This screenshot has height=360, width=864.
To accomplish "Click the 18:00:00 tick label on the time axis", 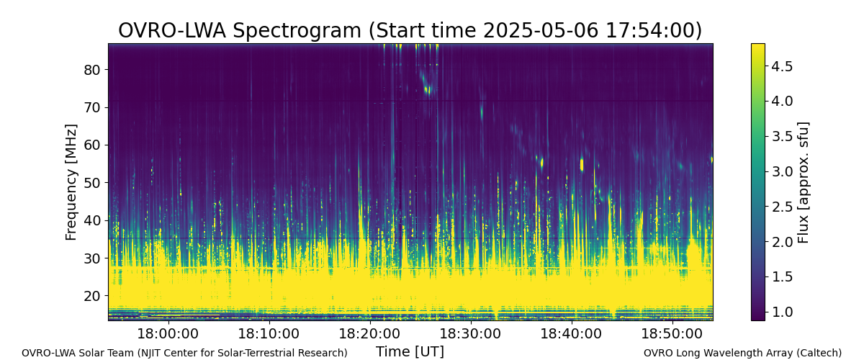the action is click(168, 334).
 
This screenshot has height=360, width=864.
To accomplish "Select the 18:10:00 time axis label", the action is click(269, 334).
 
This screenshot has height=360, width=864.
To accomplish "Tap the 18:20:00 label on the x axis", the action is click(369, 334).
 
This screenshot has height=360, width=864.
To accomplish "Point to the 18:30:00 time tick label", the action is click(470, 334).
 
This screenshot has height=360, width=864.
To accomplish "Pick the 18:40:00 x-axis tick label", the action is click(571, 334).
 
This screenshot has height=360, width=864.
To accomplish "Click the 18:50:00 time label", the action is click(672, 334).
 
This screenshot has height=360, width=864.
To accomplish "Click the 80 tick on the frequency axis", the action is click(92, 70).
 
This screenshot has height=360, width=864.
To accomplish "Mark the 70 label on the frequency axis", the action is click(92, 107).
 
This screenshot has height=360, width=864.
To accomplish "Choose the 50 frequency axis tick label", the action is click(92, 182).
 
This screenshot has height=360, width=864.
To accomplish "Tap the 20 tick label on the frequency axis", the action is click(92, 296).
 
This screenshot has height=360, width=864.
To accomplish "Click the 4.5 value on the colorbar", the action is click(782, 66).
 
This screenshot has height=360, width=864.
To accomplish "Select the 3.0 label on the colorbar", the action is click(782, 171).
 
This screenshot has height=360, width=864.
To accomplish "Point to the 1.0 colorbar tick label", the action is click(782, 312).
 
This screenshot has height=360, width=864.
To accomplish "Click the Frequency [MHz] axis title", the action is click(71, 182).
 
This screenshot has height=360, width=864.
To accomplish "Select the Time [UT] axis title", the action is click(410, 351).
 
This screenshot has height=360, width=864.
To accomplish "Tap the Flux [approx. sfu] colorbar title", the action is click(803, 182).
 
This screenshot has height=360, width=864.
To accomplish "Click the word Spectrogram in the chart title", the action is click(297, 30).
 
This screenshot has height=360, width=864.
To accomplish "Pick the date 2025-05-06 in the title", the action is click(541, 30).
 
